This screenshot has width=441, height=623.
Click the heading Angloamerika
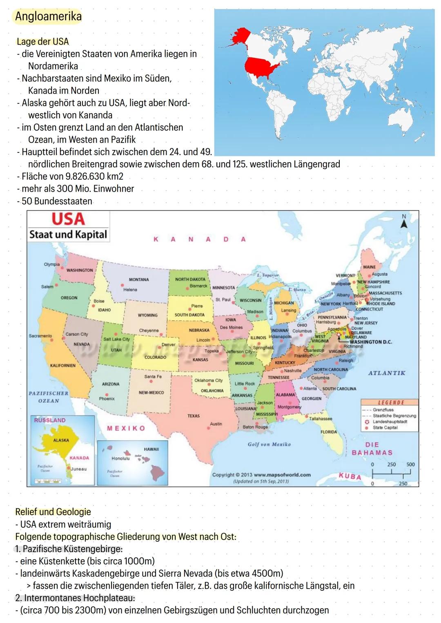click(x=48, y=16)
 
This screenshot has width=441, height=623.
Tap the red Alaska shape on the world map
click(x=241, y=36)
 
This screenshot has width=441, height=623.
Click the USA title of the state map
click(x=68, y=219)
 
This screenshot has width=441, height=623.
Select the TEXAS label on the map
click(x=194, y=416)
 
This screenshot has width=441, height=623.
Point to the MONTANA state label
click(x=139, y=280)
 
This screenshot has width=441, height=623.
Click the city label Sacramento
click(x=40, y=336)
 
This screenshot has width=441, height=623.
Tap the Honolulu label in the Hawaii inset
click(x=120, y=458)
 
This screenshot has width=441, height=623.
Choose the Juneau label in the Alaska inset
click(x=79, y=469)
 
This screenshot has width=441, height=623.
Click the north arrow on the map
click(x=404, y=223)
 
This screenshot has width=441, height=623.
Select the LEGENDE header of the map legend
click(x=390, y=402)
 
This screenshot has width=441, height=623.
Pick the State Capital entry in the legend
click(x=385, y=428)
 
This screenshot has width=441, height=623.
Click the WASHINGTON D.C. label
click(x=371, y=342)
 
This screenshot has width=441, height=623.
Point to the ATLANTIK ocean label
click(x=387, y=373)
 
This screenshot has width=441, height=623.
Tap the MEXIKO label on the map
click(x=126, y=428)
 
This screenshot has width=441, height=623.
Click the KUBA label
click(x=350, y=476)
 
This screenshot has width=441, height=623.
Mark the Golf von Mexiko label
click(x=269, y=444)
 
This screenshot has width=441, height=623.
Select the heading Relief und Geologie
click(x=53, y=512)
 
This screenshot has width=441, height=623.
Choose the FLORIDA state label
click(x=329, y=432)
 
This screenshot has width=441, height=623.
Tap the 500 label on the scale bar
click(x=410, y=464)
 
